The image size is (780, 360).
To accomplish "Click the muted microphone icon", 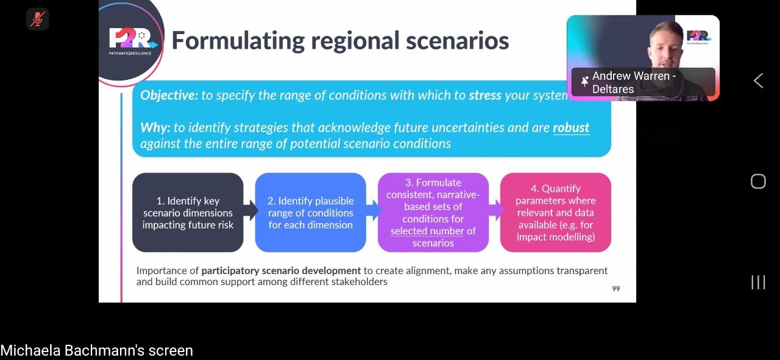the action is pyautogui.click(x=38, y=19).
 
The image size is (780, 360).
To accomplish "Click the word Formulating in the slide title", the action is pyautogui.click(x=238, y=41).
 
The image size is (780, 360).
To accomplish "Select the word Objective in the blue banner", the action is pyautogui.click(x=169, y=95).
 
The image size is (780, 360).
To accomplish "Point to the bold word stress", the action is pyautogui.click(x=485, y=95).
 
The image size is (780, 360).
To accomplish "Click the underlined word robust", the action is pyautogui.click(x=571, y=127).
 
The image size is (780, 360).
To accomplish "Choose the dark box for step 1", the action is pyautogui.click(x=188, y=213).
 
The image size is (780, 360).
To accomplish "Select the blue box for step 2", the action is pyautogui.click(x=310, y=213).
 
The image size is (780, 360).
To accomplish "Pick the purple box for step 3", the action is pyautogui.click(x=433, y=213).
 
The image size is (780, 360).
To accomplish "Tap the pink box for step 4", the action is pyautogui.click(x=555, y=213).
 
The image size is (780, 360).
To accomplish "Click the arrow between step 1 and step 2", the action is pyautogui.click(x=250, y=210).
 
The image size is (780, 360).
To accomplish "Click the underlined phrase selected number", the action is pyautogui.click(x=427, y=231).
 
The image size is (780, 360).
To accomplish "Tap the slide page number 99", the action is pyautogui.click(x=616, y=289).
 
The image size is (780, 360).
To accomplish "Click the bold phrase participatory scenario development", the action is pyautogui.click(x=281, y=270).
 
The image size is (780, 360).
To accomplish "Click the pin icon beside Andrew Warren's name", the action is pyautogui.click(x=584, y=82).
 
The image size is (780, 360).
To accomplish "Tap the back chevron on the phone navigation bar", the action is pyautogui.click(x=758, y=81).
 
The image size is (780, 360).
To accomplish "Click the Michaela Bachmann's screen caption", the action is pyautogui.click(x=96, y=350).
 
